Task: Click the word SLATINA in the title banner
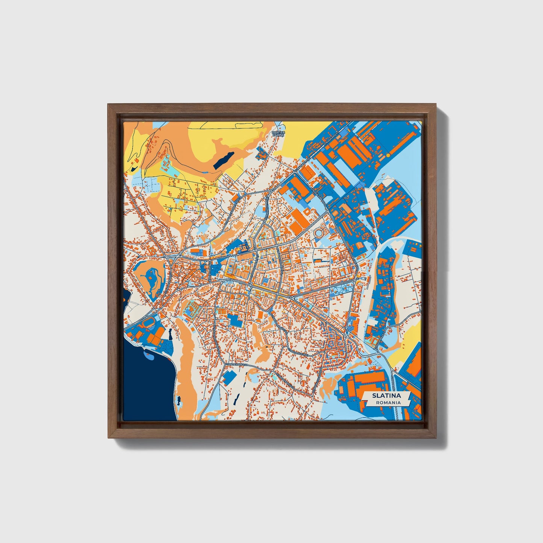coord(386,396)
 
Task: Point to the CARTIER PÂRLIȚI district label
coord(278,134)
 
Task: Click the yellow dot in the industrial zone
coord(388,155)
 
